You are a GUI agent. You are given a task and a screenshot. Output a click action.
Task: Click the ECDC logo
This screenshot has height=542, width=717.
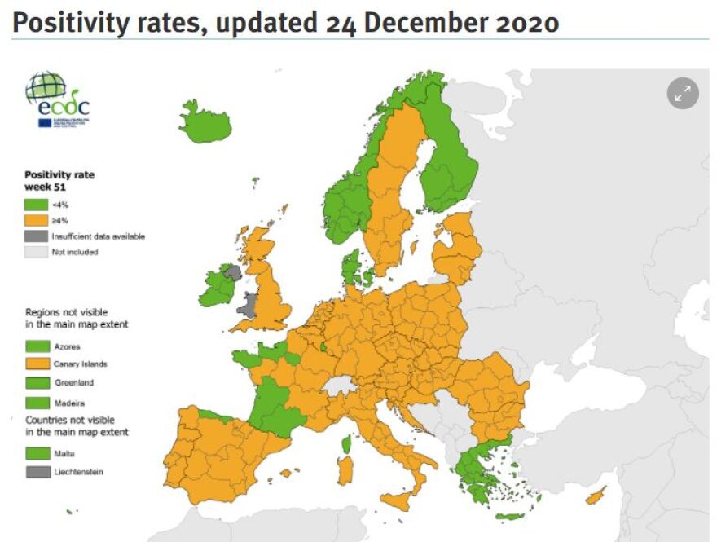coord(57,99)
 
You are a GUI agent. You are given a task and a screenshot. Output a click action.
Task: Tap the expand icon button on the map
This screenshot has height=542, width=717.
coord(683,94)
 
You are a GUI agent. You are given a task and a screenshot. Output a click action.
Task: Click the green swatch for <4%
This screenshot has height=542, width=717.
coord(36,204)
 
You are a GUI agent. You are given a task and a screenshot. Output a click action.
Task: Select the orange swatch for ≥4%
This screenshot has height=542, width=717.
coord(36,220)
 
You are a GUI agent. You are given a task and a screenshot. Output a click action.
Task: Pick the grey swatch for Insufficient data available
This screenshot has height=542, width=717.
coord(36,236)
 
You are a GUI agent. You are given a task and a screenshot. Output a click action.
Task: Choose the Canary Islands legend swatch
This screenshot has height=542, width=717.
coord(36,364)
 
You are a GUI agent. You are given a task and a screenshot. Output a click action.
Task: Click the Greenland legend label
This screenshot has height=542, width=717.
coord(71,382)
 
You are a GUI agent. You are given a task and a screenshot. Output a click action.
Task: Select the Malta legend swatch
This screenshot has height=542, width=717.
coord(36,453)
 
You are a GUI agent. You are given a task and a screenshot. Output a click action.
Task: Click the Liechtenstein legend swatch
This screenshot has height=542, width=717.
coord(36,472)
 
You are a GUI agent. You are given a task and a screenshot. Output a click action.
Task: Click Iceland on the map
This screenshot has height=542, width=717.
coord(204,123)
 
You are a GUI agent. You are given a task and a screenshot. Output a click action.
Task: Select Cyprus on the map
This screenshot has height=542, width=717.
coord(598,494)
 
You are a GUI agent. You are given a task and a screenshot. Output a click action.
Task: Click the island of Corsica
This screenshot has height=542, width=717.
coord(345,445)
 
